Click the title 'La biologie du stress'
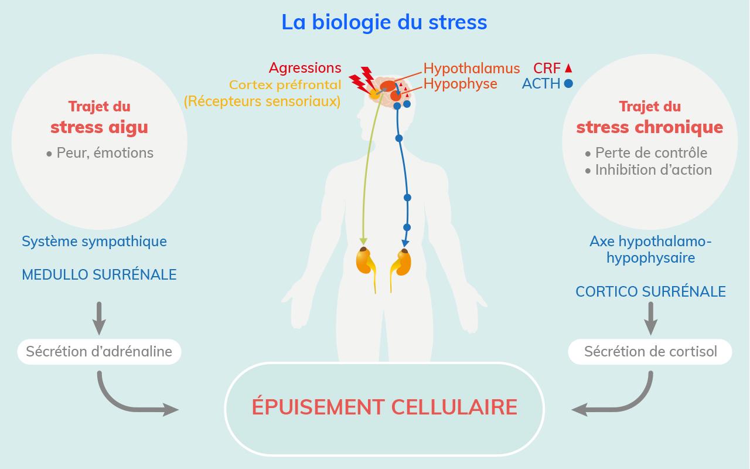[x=384, y=22]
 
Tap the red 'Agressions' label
[x=305, y=68]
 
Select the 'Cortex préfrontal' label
[x=285, y=85]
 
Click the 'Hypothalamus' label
[x=472, y=68]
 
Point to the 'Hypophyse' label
[x=460, y=84]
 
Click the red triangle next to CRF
[x=568, y=67]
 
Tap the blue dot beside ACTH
[x=568, y=84]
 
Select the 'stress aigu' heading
[x=99, y=127]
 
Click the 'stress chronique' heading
[x=649, y=127]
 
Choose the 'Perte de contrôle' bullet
[x=650, y=153]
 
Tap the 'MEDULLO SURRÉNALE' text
[x=99, y=275]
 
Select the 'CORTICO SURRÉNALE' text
[x=650, y=291]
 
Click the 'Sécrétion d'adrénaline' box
[x=99, y=352]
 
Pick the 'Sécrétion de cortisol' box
[x=650, y=352]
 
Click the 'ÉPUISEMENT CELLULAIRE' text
[x=384, y=407]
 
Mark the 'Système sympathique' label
[x=94, y=241]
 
